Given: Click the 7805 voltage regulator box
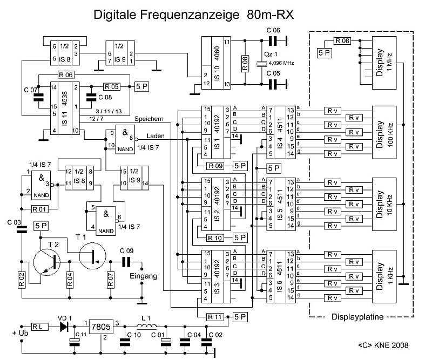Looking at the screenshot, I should (x=101, y=326).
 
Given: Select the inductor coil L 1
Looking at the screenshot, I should (x=145, y=325).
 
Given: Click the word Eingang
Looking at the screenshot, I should (x=144, y=276).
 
